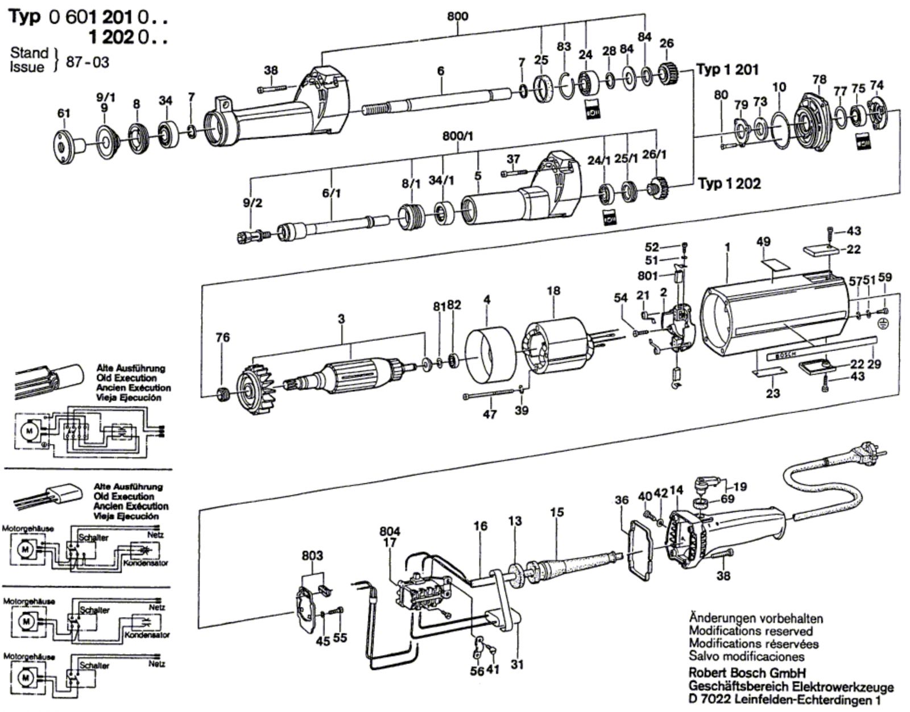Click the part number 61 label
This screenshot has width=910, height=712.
tap(63, 114)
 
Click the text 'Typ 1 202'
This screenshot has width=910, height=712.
tap(729, 184)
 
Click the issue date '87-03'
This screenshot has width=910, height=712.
tap(88, 61)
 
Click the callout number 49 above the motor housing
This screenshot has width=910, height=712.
tap(763, 242)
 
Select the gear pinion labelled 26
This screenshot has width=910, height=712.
tap(669, 74)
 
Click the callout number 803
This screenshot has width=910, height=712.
tap(312, 556)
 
